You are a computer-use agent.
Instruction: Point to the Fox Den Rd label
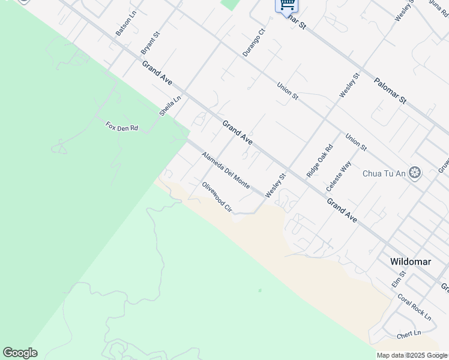(122, 127)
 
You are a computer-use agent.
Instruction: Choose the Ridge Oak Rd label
(319, 161)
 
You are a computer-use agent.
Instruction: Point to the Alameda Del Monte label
(226, 170)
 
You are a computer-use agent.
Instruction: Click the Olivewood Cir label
(217, 197)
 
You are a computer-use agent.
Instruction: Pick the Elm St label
(399, 278)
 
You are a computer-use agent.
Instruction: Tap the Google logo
(20, 353)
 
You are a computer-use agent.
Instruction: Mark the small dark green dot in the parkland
(260, 290)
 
